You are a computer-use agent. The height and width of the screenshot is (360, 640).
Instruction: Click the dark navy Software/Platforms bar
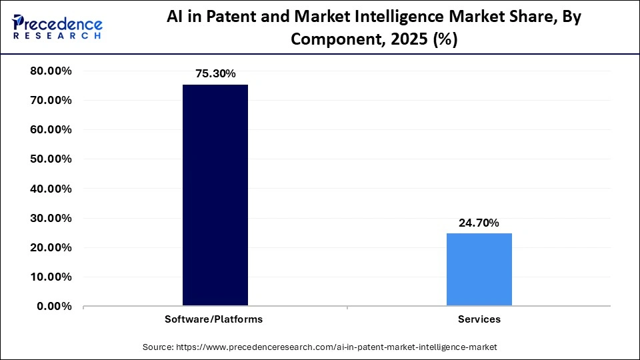[215, 195]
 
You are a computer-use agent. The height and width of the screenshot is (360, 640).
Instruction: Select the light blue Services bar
[479, 269]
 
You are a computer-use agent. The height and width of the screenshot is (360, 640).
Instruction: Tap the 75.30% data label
[215, 74]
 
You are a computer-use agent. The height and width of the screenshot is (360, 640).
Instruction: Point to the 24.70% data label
[479, 223]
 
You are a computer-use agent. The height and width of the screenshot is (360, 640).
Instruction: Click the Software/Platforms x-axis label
[214, 319]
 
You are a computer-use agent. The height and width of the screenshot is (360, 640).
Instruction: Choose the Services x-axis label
[479, 319]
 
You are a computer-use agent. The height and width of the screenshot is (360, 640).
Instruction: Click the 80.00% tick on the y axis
[51, 71]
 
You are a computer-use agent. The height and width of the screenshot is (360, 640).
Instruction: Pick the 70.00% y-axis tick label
[51, 101]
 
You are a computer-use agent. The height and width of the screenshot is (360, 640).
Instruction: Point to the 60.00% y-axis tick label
[51, 130]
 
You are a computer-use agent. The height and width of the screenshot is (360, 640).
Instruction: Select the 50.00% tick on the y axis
[51, 159]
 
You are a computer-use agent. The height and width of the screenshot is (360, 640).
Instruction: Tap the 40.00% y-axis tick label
[51, 189]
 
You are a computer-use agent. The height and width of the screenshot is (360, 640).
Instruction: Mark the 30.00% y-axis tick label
[51, 218]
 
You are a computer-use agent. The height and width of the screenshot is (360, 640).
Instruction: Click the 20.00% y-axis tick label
[51, 247]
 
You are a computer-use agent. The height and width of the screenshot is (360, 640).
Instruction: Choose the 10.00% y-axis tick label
[51, 277]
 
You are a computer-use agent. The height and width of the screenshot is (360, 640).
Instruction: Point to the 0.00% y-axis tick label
[54, 306]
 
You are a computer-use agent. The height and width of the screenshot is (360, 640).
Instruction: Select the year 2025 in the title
[411, 39]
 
